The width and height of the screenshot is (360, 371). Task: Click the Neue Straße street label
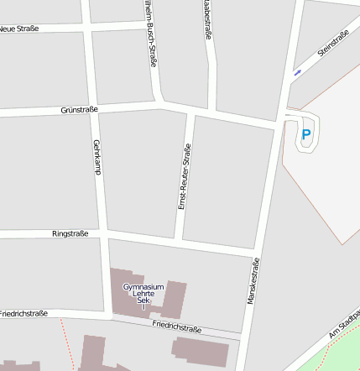point(19,29)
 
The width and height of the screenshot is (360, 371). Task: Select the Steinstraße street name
point(332,44)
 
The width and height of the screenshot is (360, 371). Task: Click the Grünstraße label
point(80,109)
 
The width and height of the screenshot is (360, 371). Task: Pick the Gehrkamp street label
point(98,157)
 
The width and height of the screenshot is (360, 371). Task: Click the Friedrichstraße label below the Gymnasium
point(177,325)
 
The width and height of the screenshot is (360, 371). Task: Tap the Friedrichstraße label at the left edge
point(23,313)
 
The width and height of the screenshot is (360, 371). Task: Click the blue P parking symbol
point(306,134)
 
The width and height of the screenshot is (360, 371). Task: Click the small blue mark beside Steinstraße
point(297,73)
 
